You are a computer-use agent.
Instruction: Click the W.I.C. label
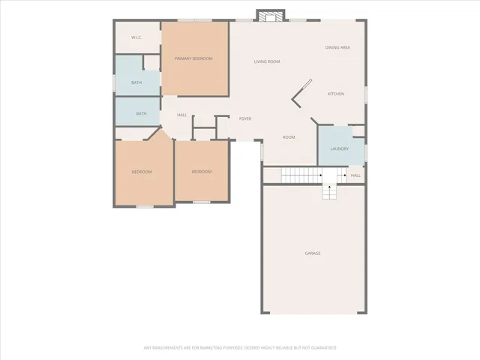point(136,37)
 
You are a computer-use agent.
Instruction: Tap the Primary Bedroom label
point(194,58)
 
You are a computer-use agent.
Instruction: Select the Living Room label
point(266,61)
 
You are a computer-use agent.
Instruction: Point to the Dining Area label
point(337,47)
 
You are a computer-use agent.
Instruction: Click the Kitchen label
point(335,94)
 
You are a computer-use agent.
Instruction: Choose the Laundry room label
point(339,148)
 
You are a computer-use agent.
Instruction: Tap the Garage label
point(313,253)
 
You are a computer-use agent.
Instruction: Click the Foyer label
point(245,118)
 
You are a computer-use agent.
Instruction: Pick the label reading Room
point(289,137)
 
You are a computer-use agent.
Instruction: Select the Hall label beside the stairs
point(355,175)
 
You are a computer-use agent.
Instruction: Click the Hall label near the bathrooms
point(182,115)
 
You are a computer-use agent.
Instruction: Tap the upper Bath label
point(136,82)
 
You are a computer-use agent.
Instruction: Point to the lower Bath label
point(141,114)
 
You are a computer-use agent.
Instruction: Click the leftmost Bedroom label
point(142,172)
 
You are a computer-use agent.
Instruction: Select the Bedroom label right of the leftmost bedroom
point(201,172)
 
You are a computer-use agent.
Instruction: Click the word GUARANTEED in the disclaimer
point(321,348)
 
